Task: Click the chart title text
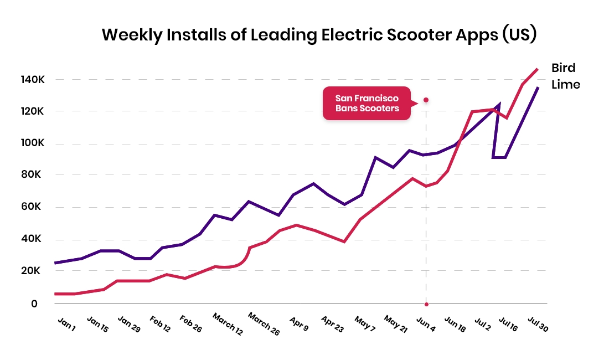click(x=319, y=35)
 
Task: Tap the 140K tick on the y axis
click(x=33, y=80)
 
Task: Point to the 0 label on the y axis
click(x=34, y=304)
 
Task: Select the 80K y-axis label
click(x=31, y=175)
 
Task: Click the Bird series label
click(x=563, y=68)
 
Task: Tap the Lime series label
click(x=565, y=85)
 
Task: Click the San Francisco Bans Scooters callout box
click(x=367, y=104)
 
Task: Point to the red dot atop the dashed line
click(x=426, y=100)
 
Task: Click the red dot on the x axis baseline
click(x=426, y=304)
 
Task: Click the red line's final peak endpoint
click(x=537, y=69)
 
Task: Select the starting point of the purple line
click(x=55, y=263)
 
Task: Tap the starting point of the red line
click(x=55, y=294)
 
